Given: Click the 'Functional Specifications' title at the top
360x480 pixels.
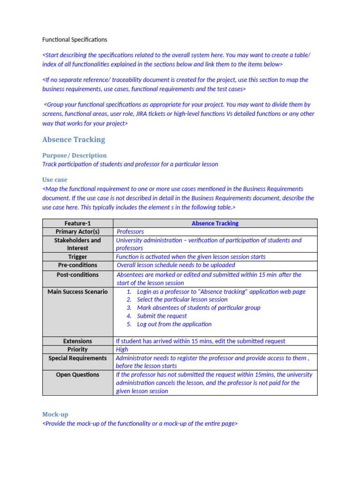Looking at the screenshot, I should (75, 39).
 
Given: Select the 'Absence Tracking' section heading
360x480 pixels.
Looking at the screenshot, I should (74, 140).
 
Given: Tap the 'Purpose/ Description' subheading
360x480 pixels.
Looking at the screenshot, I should (74, 155).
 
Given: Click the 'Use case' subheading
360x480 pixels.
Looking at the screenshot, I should (54, 180).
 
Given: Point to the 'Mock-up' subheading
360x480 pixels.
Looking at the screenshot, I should (55, 414).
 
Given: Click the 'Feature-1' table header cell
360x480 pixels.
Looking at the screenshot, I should (77, 223).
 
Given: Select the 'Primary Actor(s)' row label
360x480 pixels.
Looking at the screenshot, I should (77, 232).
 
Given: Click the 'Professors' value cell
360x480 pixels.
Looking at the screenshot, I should (130, 232).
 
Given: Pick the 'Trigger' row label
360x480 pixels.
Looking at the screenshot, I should (77, 257).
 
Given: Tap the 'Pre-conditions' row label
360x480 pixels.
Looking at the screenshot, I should (77, 265).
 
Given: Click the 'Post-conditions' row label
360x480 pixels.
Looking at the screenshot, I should (77, 275).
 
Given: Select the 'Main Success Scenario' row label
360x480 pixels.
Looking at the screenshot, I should (77, 292).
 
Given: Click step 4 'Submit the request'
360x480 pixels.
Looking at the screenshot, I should (162, 316).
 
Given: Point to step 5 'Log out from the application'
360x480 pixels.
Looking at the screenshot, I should (174, 324).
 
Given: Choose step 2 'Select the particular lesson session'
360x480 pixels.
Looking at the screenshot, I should (182, 300).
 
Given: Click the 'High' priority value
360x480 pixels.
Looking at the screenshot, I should (122, 350).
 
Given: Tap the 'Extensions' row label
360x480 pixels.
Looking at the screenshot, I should (77, 341).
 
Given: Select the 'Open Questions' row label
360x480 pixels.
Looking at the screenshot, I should (77, 375).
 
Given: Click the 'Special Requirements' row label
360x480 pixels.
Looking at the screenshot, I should (77, 358).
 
